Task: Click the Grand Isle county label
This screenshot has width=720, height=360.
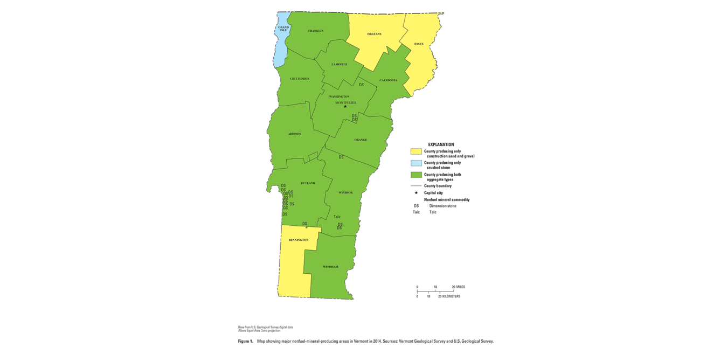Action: coord(283,29)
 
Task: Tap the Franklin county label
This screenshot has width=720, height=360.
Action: coord(316,31)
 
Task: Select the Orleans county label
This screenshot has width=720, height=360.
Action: coord(374,34)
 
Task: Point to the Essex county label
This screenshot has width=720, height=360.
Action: coord(419,44)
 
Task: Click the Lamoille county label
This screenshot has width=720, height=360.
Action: coord(339,64)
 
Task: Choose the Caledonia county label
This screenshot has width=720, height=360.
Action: coord(388,80)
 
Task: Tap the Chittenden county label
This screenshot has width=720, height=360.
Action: coord(300,79)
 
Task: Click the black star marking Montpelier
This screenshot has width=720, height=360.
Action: coord(345,106)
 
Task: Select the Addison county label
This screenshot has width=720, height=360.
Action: coord(294,134)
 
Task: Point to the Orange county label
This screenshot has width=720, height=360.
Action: coord(361,140)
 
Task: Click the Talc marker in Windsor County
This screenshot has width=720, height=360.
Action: coord(337,217)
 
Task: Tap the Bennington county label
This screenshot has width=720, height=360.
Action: coord(298,240)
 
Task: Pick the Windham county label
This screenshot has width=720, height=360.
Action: coord(330,267)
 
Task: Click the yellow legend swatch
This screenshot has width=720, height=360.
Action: coord(416,152)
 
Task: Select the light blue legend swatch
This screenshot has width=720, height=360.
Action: coord(416,163)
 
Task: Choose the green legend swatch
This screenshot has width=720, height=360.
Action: coord(416,175)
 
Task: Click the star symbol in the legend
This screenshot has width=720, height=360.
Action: coord(416,192)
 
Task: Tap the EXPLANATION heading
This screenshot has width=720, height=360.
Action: coord(441,144)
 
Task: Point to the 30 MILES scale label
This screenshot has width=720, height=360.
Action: coord(458,287)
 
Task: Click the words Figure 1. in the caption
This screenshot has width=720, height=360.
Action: coord(245,341)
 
